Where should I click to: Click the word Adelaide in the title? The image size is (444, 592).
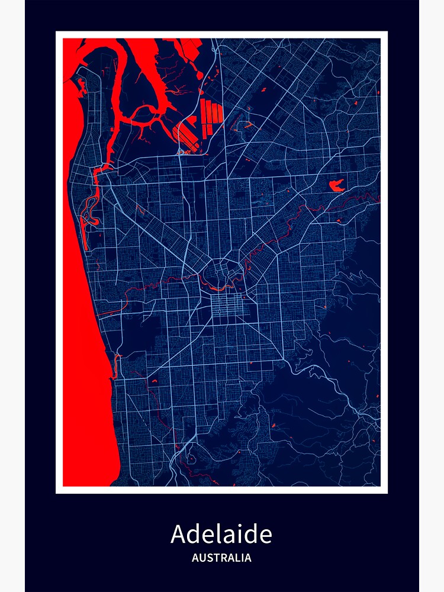pyautogui.click(x=221, y=534)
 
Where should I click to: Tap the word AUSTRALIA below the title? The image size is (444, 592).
pyautogui.click(x=221, y=558)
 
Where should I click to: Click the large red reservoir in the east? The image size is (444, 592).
pyautogui.click(x=336, y=185)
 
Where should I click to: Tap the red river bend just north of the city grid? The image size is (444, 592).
pyautogui.click(x=222, y=287)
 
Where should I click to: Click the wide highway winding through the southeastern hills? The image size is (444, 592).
pyautogui.click(x=332, y=385)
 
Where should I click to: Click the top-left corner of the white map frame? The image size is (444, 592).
pyautogui.click(x=57, y=33)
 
